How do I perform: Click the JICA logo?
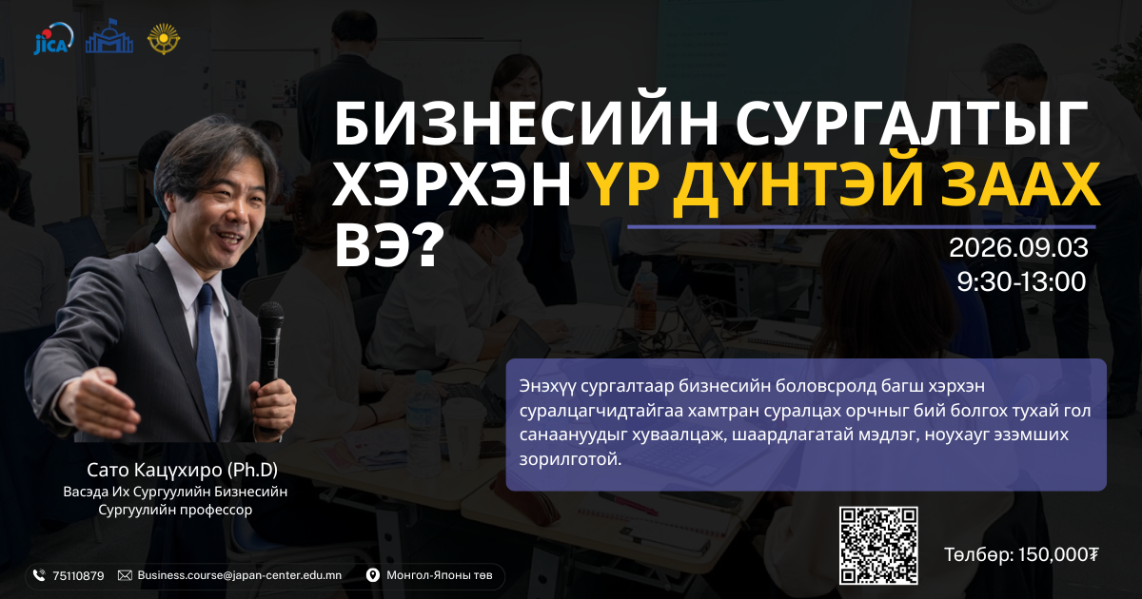(x=53, y=39)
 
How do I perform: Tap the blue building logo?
(x=109, y=36)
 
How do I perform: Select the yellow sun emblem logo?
(x=164, y=39)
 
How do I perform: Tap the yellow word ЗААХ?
(x=1019, y=184)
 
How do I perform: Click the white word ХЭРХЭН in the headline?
(x=452, y=184)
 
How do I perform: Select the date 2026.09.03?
(x=1018, y=248)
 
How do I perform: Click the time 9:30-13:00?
(x=1021, y=281)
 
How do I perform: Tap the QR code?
(x=878, y=545)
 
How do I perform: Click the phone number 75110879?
(x=78, y=576)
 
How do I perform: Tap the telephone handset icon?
(x=39, y=575)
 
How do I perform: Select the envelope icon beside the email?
(x=125, y=575)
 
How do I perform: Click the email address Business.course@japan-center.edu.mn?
(x=240, y=575)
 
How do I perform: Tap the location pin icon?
(x=373, y=575)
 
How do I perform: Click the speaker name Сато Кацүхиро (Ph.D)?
(x=182, y=470)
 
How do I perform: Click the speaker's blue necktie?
(x=207, y=357)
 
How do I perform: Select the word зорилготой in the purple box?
(x=570, y=460)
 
